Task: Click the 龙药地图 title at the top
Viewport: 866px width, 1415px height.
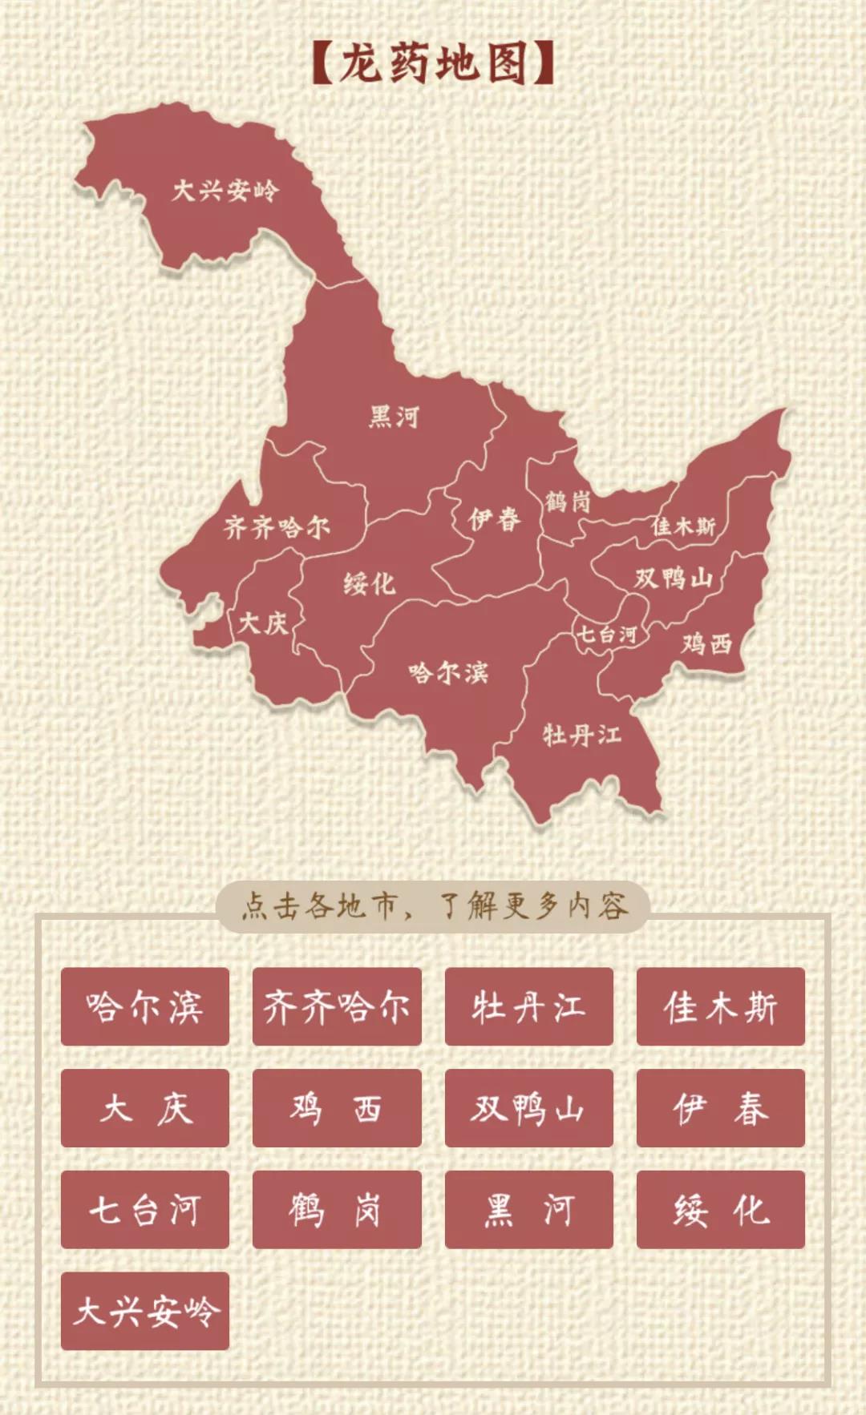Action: click(433, 64)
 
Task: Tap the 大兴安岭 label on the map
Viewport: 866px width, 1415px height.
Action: click(225, 191)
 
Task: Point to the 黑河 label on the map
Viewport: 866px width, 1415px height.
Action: click(394, 417)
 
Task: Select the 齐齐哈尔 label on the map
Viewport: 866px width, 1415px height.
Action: click(277, 527)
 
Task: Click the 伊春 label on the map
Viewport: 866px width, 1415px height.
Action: click(495, 519)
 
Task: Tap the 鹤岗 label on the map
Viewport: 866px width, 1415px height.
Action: click(568, 502)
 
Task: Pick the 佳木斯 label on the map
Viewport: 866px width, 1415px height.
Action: click(683, 526)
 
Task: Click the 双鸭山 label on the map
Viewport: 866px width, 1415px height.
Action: click(674, 578)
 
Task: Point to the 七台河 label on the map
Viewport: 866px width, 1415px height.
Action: click(607, 635)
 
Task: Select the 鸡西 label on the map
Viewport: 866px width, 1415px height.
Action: click(707, 643)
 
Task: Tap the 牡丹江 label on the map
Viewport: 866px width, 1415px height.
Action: click(581, 734)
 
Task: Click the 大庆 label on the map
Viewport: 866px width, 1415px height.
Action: click(263, 623)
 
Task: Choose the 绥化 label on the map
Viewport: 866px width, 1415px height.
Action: click(370, 583)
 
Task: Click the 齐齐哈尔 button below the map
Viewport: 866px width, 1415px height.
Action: click(337, 1006)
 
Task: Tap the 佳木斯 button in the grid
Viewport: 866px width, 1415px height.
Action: click(720, 1006)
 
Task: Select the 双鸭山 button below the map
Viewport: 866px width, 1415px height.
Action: click(528, 1108)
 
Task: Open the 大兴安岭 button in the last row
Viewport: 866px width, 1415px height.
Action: click(145, 1311)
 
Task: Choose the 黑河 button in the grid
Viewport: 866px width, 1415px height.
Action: click(528, 1209)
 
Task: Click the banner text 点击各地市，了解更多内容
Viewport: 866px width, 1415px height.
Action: click(433, 906)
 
